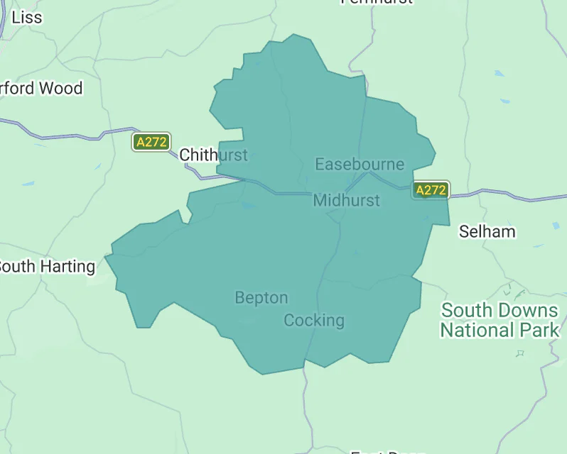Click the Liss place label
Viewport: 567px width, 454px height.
click(27, 17)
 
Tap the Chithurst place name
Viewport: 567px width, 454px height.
click(213, 155)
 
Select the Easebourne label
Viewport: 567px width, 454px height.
click(360, 165)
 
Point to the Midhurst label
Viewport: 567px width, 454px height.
click(346, 201)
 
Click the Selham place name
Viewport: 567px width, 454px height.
click(487, 231)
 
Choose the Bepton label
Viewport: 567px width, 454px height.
click(261, 298)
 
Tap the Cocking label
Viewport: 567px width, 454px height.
click(313, 321)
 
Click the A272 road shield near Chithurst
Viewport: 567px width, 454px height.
click(151, 142)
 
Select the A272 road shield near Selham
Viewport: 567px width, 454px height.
click(431, 190)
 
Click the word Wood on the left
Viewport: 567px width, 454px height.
click(60, 89)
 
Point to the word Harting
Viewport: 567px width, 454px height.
click(68, 267)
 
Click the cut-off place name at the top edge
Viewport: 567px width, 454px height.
click(376, 2)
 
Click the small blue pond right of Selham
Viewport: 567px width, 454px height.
click(556, 226)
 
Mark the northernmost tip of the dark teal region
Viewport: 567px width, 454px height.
click(292, 34)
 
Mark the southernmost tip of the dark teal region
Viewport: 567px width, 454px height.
click(264, 374)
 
